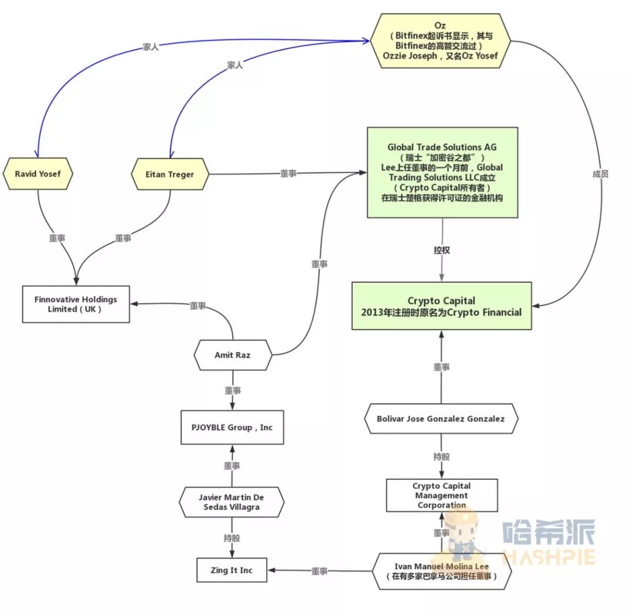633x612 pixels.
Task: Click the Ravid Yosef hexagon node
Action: coord(38,174)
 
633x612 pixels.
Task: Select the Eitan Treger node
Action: coord(170,174)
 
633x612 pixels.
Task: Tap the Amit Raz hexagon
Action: coord(233,355)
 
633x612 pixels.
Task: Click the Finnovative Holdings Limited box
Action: coord(76,304)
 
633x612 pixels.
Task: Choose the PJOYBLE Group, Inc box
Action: coord(232,427)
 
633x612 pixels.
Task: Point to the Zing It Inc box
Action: coord(232,570)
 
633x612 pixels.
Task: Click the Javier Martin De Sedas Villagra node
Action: coord(232,502)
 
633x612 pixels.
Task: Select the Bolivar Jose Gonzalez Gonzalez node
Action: coord(441,419)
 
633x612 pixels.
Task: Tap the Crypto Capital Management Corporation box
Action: coord(442,495)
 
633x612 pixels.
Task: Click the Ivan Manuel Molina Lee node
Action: coord(441,571)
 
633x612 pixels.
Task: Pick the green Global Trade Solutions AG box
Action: coord(443,173)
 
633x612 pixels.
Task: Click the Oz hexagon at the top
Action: coord(440,41)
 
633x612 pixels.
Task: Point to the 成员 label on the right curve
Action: coord(600,174)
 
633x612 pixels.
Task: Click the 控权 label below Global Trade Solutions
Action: coord(442,250)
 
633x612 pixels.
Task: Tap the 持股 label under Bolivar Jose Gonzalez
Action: coord(441,457)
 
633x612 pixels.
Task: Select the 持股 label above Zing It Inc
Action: coord(232,538)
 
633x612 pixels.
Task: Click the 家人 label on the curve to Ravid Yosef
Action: coord(151,47)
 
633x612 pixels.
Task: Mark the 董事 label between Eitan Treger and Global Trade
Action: coord(288,174)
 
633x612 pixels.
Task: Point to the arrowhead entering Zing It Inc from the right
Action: coord(271,570)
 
